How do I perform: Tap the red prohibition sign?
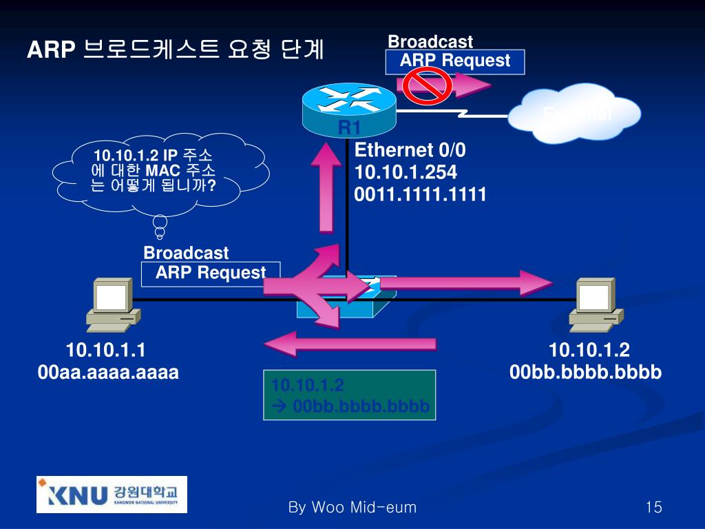[426, 85]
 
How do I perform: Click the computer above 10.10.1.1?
[112, 304]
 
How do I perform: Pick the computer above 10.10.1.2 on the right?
[596, 304]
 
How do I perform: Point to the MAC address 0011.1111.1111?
[420, 195]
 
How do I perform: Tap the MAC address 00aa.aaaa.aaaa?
[108, 373]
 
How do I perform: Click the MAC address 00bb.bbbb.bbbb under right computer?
[585, 373]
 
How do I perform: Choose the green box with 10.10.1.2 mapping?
[350, 395]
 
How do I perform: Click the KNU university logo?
[111, 494]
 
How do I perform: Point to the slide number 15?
[653, 508]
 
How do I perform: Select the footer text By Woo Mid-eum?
[352, 508]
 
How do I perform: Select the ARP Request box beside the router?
[455, 61]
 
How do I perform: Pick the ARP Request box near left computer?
[211, 273]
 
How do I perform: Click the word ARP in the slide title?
[50, 50]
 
